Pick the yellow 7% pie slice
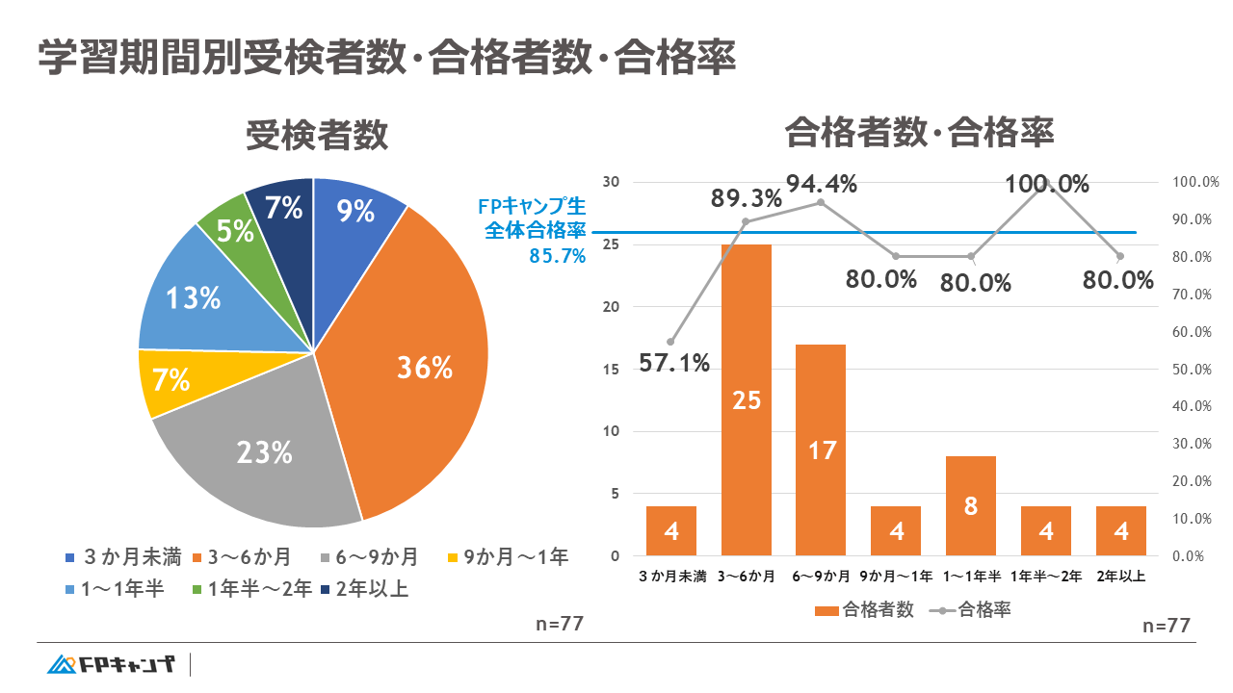pos(169,380)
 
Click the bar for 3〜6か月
pos(747,399)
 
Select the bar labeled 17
pos(822,449)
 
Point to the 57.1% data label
pos(674,364)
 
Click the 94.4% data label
pos(821,184)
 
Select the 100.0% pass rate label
pos(1047,184)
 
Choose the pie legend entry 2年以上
pos(366,589)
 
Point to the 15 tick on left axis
pos(613,370)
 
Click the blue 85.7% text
pos(557,256)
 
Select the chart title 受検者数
pos(317,136)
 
